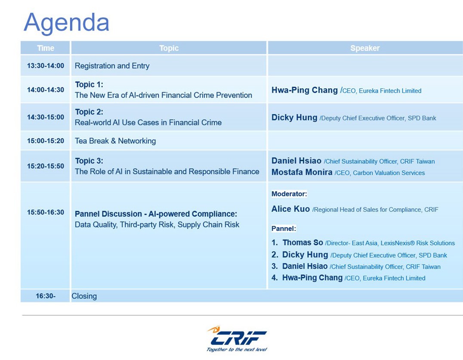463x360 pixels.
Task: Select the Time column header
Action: coord(46,48)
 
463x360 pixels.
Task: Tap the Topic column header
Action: coord(169,48)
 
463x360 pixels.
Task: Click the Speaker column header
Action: coord(365,48)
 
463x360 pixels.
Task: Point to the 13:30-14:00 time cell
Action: coord(46,65)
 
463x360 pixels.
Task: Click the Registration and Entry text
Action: coord(112,65)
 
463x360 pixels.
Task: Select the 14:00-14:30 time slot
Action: coord(46,90)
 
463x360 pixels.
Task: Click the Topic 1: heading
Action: coord(89,84)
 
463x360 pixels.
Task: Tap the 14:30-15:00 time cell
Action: coord(46,117)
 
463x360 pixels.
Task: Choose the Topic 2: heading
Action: coord(89,112)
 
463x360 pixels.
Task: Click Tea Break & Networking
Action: coord(115,141)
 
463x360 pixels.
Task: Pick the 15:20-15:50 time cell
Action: coord(46,166)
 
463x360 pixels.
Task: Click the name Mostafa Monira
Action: coord(302,172)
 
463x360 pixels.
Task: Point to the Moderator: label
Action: coord(289,194)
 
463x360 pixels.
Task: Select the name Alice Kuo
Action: coord(290,209)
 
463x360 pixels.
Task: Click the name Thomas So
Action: coord(302,243)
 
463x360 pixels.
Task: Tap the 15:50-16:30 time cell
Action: coord(46,212)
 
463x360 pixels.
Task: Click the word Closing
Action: coord(84,296)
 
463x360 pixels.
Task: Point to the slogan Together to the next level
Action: coord(237,350)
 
